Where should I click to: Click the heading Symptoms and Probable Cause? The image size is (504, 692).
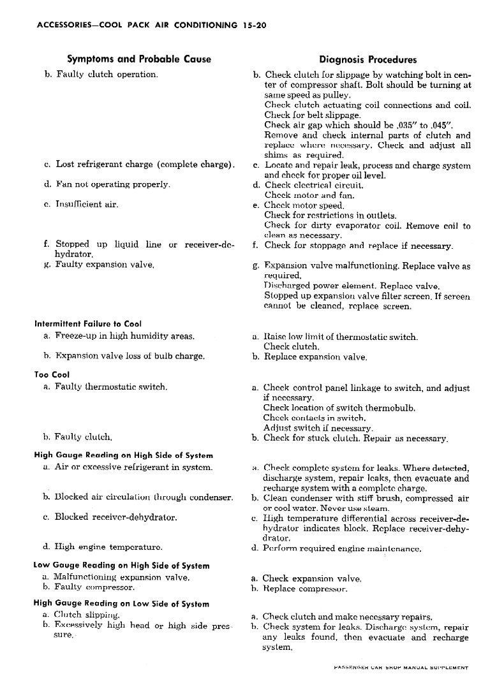point(139,59)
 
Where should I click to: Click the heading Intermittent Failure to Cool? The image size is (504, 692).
point(88,324)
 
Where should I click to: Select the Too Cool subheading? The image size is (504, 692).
point(52,375)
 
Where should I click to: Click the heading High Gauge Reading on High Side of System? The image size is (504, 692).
point(123,455)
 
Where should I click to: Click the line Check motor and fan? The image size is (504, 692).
point(300,195)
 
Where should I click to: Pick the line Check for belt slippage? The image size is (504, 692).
point(303,115)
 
